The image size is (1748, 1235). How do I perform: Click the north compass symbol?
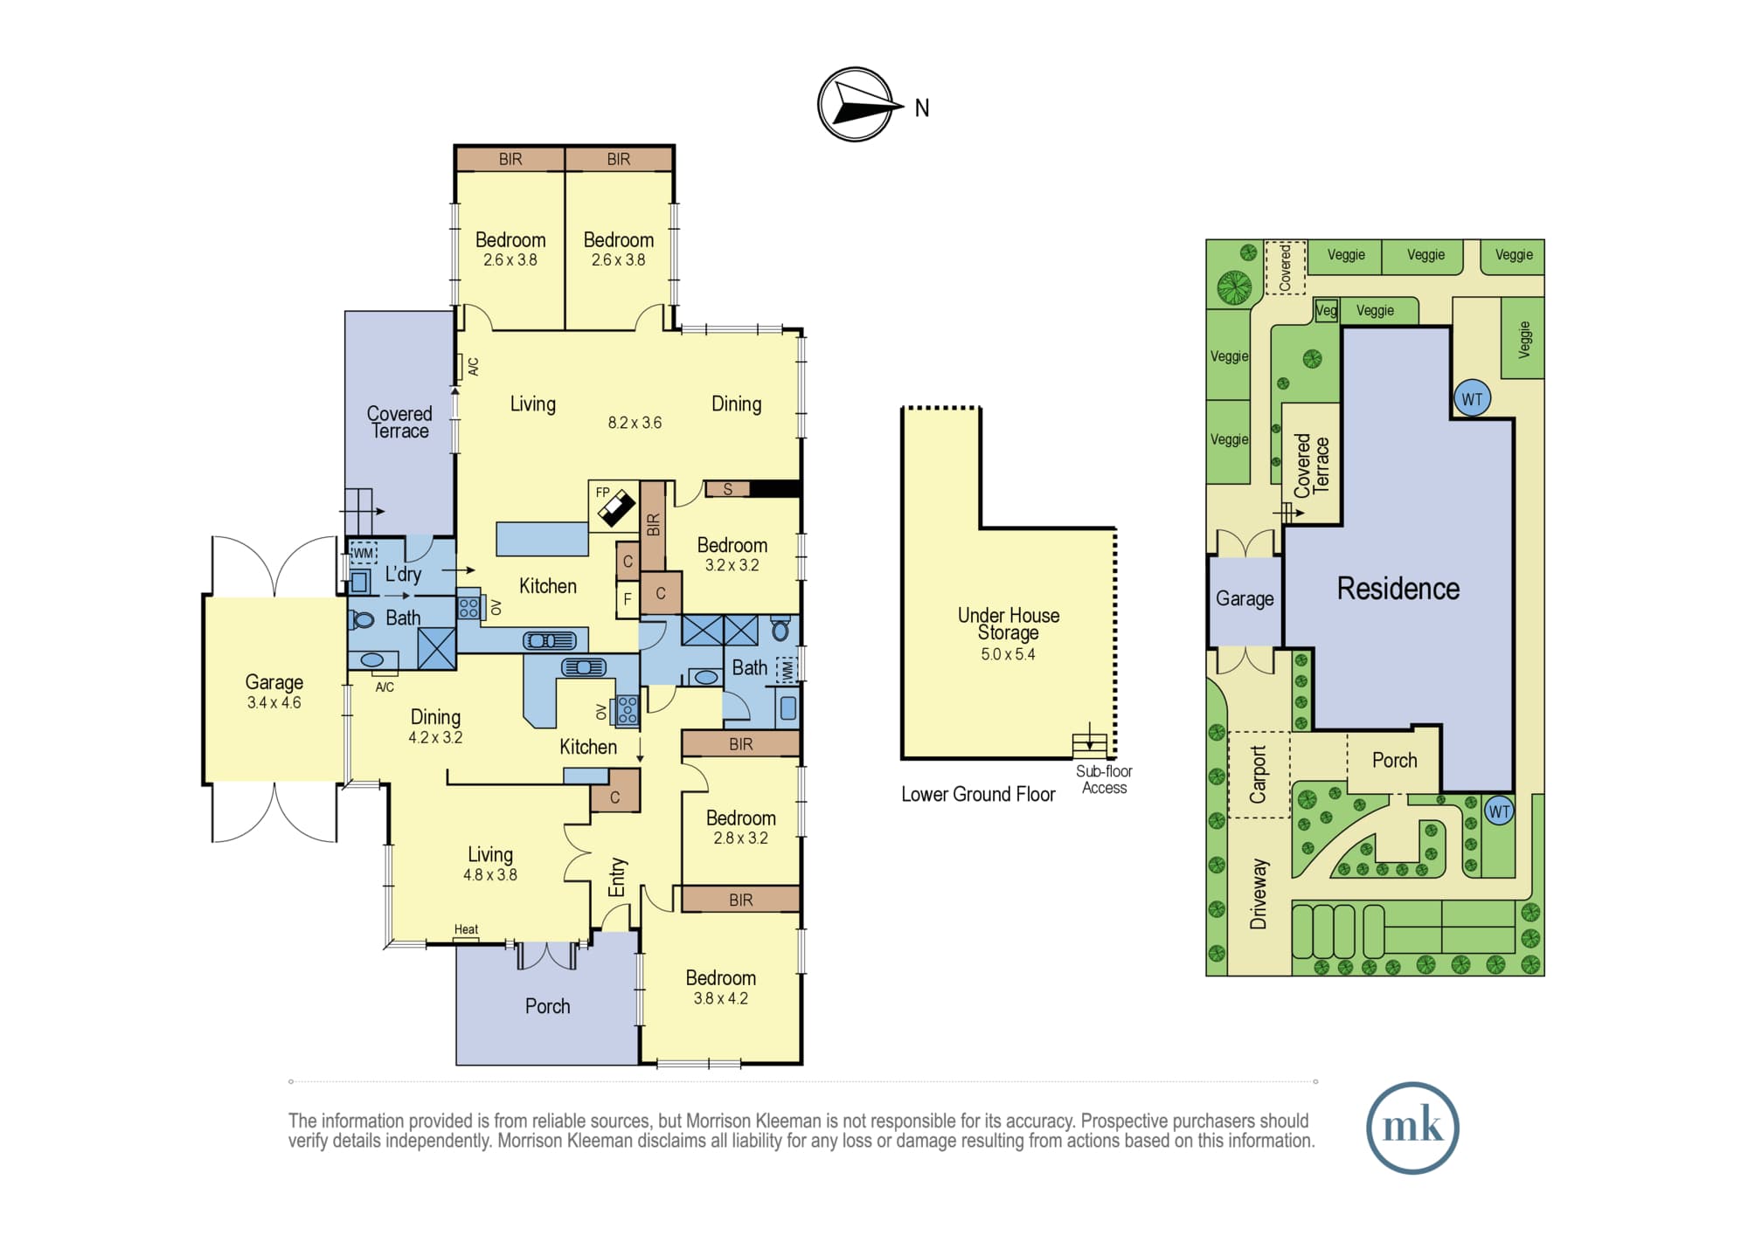pyautogui.click(x=857, y=105)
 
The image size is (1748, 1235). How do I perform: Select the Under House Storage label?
pyautogui.click(x=1009, y=624)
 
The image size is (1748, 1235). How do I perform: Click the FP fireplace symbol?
pyautogui.click(x=614, y=506)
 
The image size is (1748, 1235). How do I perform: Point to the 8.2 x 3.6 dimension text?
pyautogui.click(x=635, y=423)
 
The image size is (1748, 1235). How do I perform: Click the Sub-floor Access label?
pyautogui.click(x=1104, y=779)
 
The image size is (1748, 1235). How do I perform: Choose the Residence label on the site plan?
pyautogui.click(x=1398, y=589)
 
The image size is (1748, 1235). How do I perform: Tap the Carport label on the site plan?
pyautogui.click(x=1258, y=775)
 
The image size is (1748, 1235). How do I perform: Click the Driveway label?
pyautogui.click(x=1258, y=893)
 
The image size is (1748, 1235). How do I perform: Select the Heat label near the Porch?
pyautogui.click(x=466, y=929)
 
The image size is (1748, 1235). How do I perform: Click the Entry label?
pyautogui.click(x=617, y=877)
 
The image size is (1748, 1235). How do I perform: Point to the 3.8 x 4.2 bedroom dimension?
pyautogui.click(x=720, y=998)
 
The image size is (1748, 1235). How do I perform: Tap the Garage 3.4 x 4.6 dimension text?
pyautogui.click(x=274, y=703)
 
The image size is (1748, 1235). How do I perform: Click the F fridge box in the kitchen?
pyautogui.click(x=628, y=600)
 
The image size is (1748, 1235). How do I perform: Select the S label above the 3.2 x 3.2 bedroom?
pyautogui.click(x=727, y=489)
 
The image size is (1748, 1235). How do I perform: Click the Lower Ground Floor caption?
pyautogui.click(x=978, y=794)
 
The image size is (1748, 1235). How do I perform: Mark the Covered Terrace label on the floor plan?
pyautogui.click(x=399, y=422)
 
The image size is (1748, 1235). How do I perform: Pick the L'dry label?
pyautogui.click(x=403, y=574)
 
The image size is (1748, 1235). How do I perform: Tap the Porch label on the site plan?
pyautogui.click(x=1394, y=761)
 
